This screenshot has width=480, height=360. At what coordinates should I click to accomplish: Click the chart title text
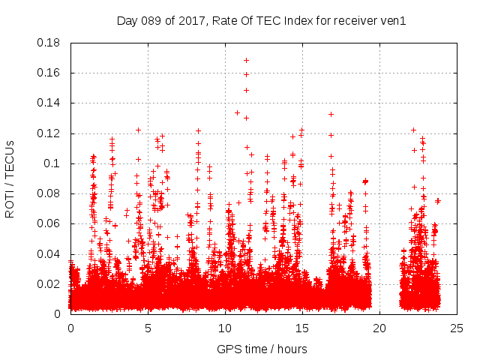coord(261,21)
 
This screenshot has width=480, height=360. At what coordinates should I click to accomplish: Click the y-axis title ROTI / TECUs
coord(10,178)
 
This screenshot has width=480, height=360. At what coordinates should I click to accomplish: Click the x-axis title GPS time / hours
coord(262,349)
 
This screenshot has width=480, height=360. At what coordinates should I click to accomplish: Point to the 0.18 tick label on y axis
coord(49,43)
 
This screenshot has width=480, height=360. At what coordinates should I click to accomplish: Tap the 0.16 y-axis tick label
coord(49,73)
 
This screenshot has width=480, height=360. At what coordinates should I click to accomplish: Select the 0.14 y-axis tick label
coord(49,103)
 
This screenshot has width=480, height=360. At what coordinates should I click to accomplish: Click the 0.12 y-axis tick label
coord(49,133)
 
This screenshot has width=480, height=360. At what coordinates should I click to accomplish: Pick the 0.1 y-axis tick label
coord(52,163)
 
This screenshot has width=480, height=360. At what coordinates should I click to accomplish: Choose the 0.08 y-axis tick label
coord(49,193)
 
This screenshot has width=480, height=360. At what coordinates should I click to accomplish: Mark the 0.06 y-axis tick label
coord(49,223)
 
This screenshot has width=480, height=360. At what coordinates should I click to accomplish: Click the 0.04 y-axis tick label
coord(49,253)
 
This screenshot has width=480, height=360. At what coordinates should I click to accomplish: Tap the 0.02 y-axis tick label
coord(49,283)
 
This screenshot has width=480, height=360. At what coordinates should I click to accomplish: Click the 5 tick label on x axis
coord(148,328)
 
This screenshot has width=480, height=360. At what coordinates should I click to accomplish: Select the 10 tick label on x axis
coord(225,328)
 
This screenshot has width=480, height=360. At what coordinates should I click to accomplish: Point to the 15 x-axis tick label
coord(302,328)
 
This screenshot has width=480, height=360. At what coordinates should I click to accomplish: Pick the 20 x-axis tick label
coord(379,328)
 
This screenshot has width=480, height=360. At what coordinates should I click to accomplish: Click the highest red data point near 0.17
coord(246,60)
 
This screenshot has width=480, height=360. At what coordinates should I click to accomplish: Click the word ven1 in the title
coord(392,21)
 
